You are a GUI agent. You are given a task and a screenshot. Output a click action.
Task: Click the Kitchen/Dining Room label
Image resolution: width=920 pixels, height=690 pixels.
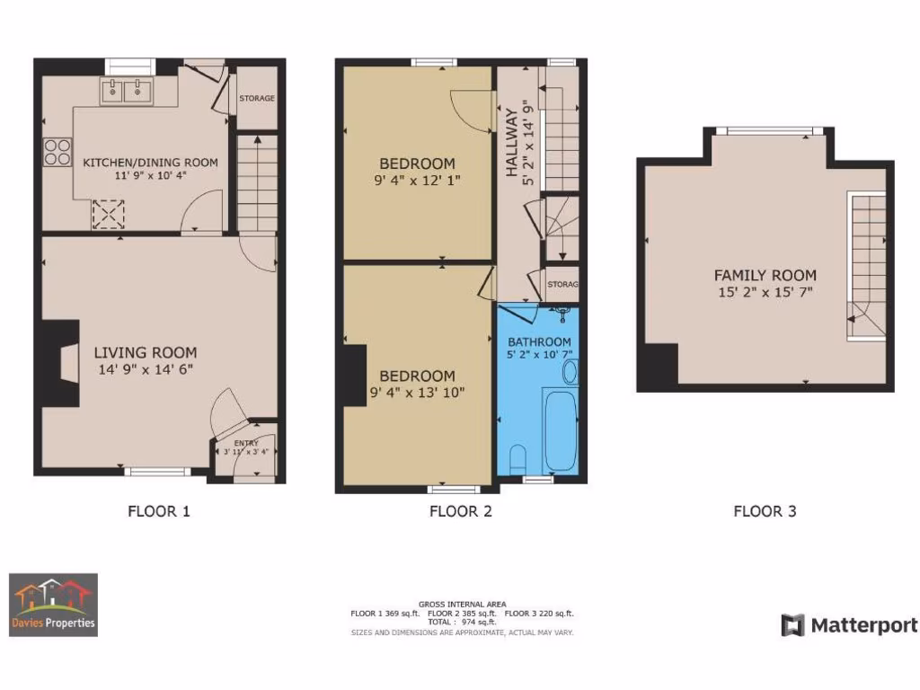(x=150, y=163)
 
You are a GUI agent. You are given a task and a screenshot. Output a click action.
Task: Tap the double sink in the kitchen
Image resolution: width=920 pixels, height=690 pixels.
(x=125, y=90)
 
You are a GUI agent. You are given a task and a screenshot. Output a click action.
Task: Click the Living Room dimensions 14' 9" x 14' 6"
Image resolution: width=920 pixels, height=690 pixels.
(x=146, y=369)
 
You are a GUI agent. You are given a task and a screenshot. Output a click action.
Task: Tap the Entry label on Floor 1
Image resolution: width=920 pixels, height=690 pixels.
(x=245, y=443)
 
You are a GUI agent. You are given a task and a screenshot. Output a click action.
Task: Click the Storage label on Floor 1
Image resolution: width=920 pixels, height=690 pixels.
(x=257, y=98)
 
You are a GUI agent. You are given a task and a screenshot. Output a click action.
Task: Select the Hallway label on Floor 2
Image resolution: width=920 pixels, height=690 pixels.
(x=512, y=142)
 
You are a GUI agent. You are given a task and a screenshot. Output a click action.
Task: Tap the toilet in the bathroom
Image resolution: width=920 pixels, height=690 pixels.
(x=517, y=461)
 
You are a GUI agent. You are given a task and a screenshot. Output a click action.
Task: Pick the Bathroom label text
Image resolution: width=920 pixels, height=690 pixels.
(x=539, y=342)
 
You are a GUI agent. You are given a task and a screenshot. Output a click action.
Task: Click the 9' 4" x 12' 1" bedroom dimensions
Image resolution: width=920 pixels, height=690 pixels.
(x=417, y=181)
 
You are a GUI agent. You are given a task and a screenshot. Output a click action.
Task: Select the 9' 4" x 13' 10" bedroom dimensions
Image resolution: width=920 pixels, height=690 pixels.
(x=417, y=393)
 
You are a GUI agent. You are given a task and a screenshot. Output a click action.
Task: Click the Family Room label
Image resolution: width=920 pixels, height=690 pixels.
(x=765, y=276)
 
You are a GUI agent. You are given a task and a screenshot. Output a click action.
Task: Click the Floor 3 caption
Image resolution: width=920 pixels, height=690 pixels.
(x=765, y=511)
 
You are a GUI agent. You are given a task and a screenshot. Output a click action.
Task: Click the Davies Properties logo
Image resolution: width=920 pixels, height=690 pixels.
(x=53, y=605)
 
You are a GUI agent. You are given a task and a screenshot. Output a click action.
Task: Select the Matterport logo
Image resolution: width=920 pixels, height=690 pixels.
(x=849, y=625)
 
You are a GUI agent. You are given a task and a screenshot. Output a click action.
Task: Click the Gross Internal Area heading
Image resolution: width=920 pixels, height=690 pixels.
(x=462, y=604)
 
